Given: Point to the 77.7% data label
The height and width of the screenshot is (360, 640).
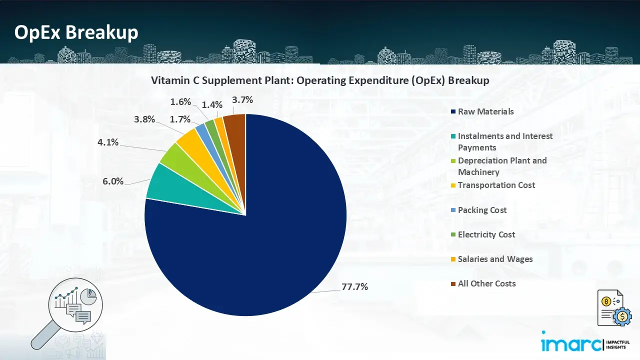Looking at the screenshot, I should (x=355, y=287).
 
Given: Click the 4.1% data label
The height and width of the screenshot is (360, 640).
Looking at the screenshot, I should (x=108, y=142).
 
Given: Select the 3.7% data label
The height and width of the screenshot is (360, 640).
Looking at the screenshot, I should (x=242, y=100).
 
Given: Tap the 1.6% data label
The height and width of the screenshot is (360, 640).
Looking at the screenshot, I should (x=180, y=102).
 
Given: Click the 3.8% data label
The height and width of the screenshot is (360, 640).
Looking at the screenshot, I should (x=144, y=119).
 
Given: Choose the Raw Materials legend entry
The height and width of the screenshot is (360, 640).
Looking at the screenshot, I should (x=485, y=111).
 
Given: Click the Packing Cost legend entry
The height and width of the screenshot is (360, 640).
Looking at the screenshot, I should (x=482, y=210).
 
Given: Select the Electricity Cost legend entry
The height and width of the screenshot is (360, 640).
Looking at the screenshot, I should (x=486, y=234).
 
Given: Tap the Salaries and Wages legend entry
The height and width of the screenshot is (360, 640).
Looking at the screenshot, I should (x=495, y=259).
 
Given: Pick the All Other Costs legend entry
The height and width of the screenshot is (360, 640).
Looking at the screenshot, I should (x=486, y=283).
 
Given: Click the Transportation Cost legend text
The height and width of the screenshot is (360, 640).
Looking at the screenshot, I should (x=496, y=185).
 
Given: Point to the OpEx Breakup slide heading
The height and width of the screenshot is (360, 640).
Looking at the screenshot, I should (x=76, y=32).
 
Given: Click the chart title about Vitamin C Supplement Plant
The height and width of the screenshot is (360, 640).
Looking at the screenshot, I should (x=320, y=80).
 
